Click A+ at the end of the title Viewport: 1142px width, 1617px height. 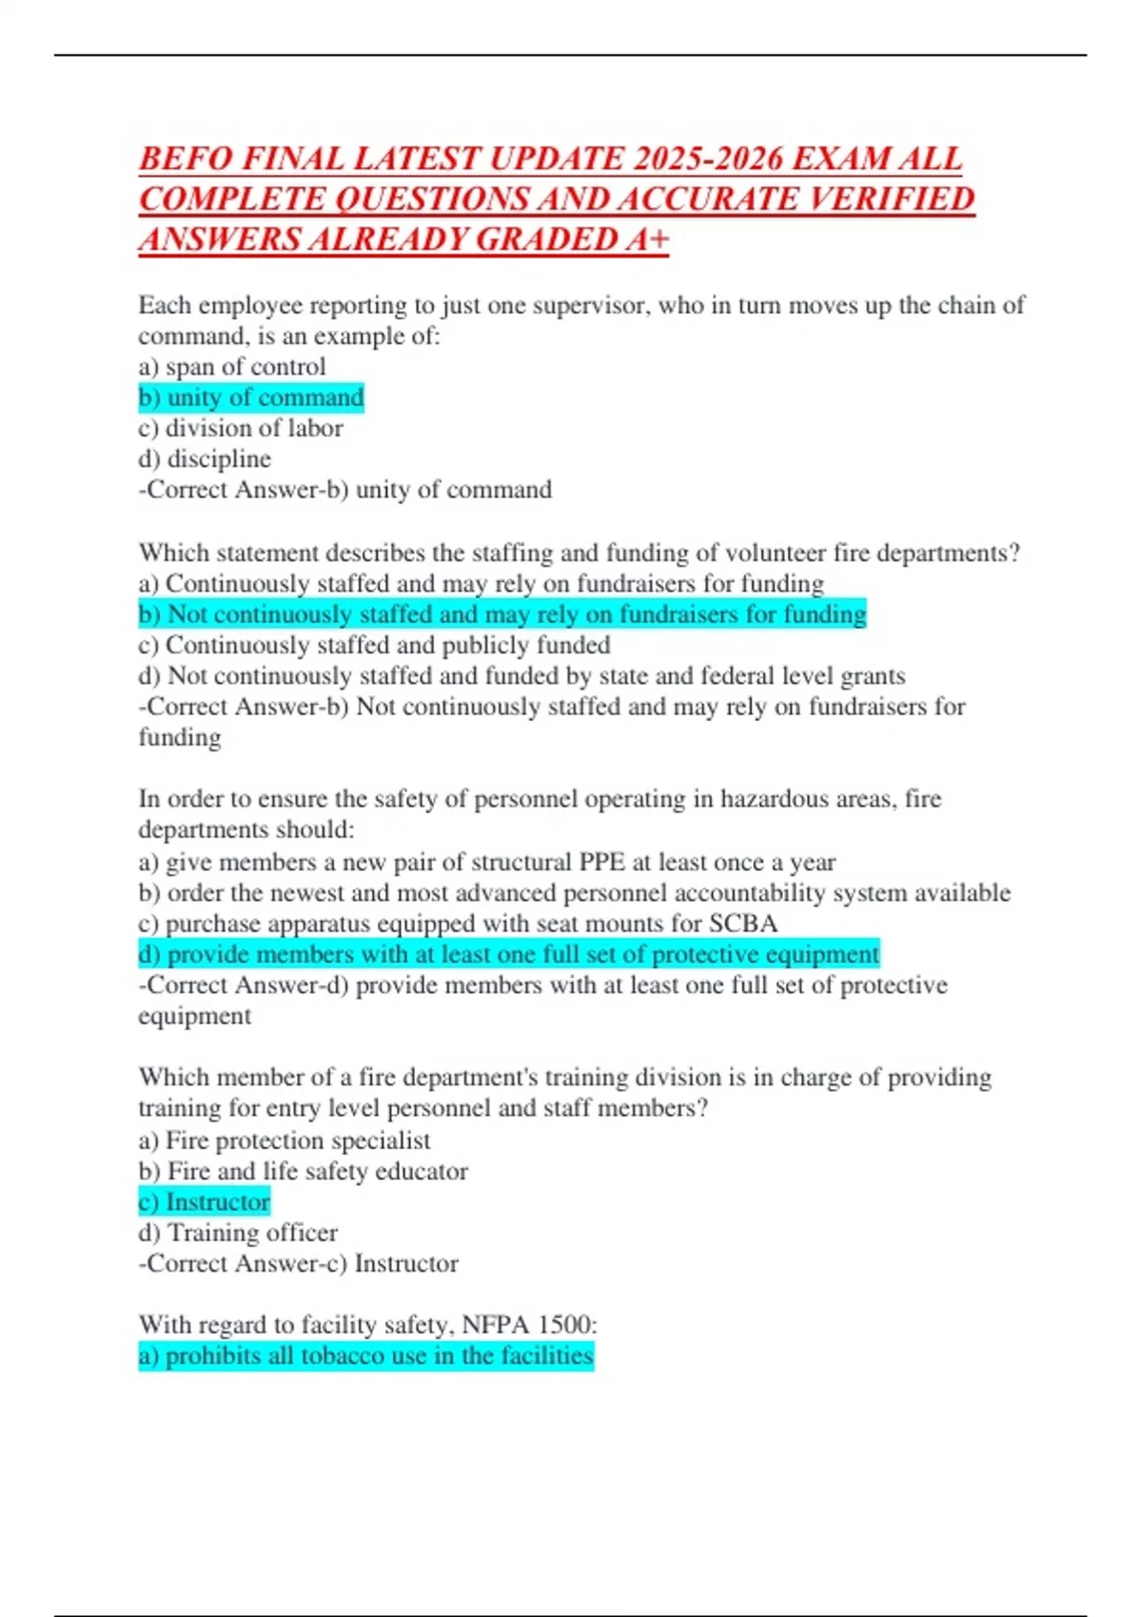pos(647,240)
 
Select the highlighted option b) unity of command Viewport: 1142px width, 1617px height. pos(251,398)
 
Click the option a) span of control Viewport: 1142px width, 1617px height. pos(232,367)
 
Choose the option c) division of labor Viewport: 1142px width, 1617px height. pos(241,428)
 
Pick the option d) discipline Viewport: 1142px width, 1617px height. pos(205,459)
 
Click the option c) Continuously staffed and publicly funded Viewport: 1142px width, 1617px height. pos(374,645)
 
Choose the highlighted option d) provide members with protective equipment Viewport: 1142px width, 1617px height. pos(509,954)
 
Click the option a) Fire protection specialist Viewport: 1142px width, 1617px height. pos(285,1140)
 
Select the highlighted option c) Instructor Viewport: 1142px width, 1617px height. pos(205,1202)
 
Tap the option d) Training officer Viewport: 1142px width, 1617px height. pos(238,1233)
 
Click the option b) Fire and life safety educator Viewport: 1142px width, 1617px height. pos(304,1171)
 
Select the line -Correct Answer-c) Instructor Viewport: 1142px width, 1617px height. pos(299,1264)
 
